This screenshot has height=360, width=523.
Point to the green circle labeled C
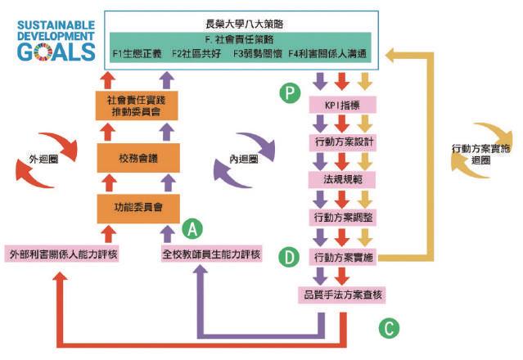point(389,327)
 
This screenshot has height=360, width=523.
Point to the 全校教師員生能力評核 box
point(211,254)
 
